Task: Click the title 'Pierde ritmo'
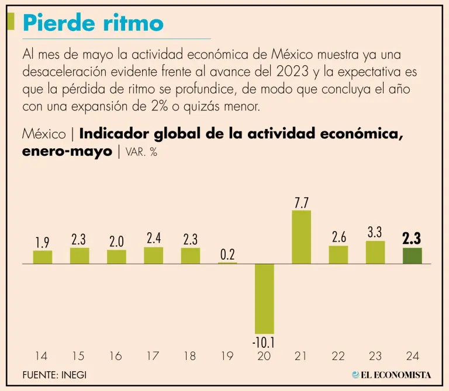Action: pyautogui.click(x=92, y=23)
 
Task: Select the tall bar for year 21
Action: pyautogui.click(x=301, y=237)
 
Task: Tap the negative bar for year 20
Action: pyautogui.click(x=264, y=298)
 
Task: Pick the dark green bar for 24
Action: pyautogui.click(x=412, y=256)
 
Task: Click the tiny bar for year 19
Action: pyautogui.click(x=227, y=263)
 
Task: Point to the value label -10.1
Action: pyautogui.click(x=264, y=343)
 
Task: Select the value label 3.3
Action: pyautogui.click(x=375, y=232)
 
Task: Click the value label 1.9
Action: pyautogui.click(x=42, y=242)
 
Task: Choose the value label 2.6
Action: pyautogui.click(x=338, y=237)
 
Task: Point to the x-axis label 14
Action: pyautogui.click(x=42, y=356)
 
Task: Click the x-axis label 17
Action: pyautogui.click(x=153, y=356)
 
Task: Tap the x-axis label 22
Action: pyautogui.click(x=338, y=356)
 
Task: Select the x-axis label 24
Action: pyautogui.click(x=412, y=356)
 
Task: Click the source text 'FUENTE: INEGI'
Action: pyautogui.click(x=54, y=375)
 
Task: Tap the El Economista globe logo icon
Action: pyautogui.click(x=356, y=375)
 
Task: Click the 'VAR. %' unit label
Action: pyautogui.click(x=141, y=153)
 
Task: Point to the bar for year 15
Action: pyautogui.click(x=80, y=256)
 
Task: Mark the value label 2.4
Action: pyautogui.click(x=153, y=238)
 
